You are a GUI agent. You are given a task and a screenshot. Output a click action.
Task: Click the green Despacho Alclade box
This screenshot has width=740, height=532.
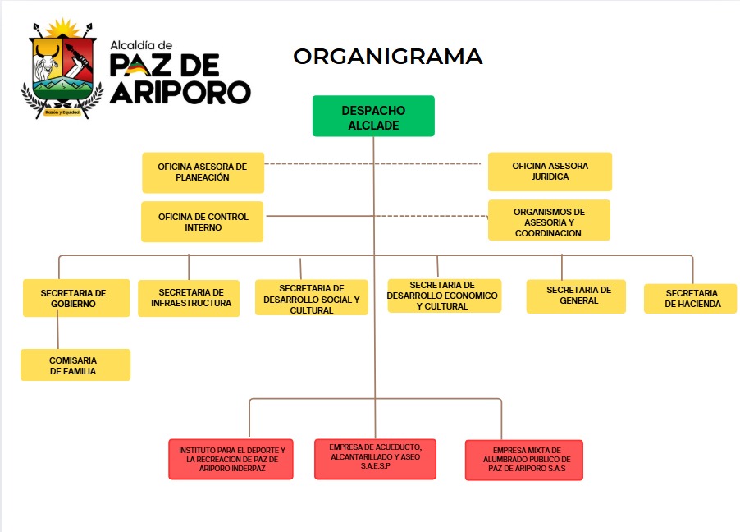[373, 116]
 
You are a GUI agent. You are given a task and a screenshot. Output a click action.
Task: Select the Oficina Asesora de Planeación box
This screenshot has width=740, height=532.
[203, 172]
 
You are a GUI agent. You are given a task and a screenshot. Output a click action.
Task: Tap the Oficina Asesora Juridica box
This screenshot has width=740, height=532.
[550, 172]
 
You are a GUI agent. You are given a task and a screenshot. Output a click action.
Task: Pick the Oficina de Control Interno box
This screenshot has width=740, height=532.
[203, 222]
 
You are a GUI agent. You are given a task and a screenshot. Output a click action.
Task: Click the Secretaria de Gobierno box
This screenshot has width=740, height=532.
[75, 298]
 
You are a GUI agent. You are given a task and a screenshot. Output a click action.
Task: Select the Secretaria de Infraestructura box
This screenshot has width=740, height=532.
[190, 298]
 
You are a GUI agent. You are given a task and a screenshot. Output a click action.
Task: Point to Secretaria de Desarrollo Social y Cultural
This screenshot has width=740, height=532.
[311, 299]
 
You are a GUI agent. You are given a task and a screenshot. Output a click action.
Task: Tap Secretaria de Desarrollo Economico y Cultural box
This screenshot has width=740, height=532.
[443, 296]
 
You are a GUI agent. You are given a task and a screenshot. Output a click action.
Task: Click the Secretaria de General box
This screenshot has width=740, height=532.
[577, 296]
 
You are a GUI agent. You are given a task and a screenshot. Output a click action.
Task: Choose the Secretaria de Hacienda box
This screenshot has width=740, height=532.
[691, 299]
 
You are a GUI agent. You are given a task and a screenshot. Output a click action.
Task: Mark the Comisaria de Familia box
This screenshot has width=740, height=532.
[75, 365]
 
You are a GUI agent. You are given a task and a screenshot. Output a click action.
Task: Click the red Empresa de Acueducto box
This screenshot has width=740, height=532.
[375, 459]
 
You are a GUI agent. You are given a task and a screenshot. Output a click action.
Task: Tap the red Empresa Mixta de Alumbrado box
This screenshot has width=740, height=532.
[525, 461]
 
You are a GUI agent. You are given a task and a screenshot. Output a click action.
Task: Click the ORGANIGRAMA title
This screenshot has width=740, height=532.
[388, 56]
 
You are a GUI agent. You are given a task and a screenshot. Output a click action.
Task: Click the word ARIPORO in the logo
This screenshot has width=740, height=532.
[180, 92]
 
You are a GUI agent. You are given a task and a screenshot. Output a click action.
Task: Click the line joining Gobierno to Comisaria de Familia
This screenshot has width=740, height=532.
[57, 332]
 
